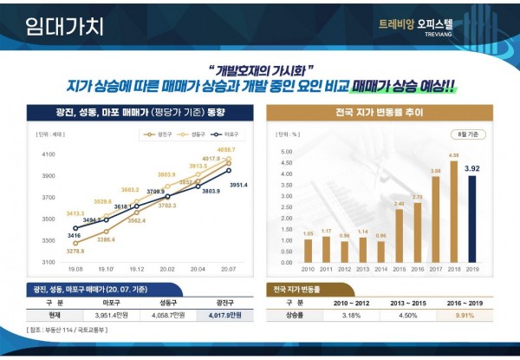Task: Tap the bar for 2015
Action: click(399, 235)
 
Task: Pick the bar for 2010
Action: click(308, 250)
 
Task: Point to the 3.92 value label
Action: click(472, 168)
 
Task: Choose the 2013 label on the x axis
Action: click(362, 270)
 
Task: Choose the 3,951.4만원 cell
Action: click(107, 316)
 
